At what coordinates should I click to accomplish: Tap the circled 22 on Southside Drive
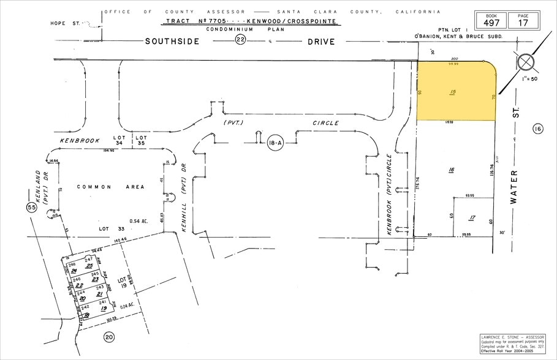pos(240,41)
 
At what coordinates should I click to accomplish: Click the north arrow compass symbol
pos(525,63)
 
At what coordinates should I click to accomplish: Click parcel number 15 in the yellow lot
pos(453,92)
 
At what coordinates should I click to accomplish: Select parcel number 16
pos(452,170)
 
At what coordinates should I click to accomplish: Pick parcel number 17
pos(472,217)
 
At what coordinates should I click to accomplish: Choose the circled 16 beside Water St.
pos(537,129)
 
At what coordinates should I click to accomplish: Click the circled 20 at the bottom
pos(110,336)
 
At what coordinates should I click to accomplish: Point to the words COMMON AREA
pos(111,187)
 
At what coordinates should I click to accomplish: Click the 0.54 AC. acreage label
pos(140,220)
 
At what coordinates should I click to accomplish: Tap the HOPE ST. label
pos(66,24)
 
